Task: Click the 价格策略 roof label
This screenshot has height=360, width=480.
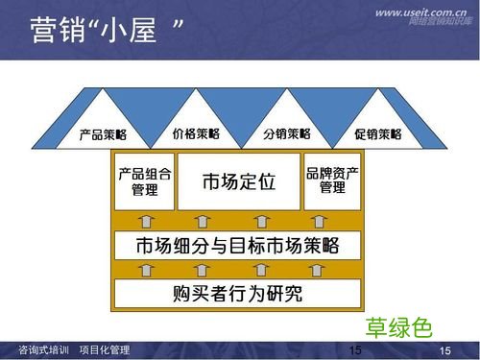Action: click(x=195, y=133)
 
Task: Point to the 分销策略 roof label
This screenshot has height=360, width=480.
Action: click(x=286, y=133)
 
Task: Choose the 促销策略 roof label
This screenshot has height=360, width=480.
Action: click(x=377, y=133)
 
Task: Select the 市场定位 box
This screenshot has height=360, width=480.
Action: click(x=239, y=180)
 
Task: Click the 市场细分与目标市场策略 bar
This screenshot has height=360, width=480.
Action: click(x=238, y=245)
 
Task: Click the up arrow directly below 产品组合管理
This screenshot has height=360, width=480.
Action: click(x=144, y=221)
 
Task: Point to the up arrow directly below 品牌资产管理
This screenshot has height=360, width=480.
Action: click(x=332, y=221)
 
